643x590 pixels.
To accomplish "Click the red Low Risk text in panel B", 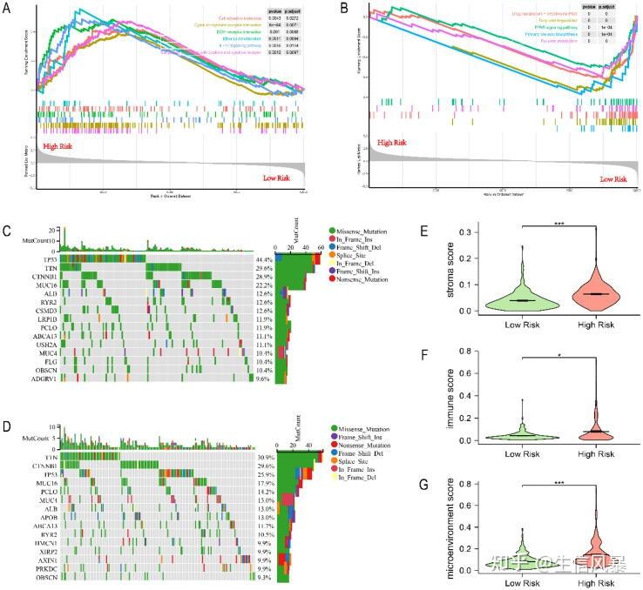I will tap(613, 179).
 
